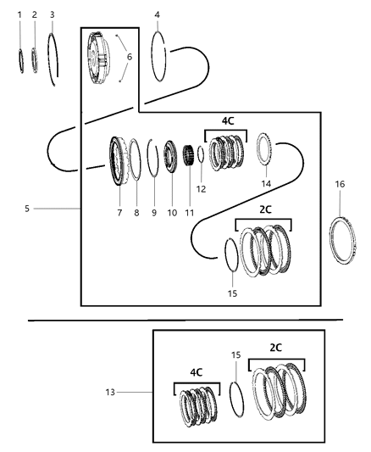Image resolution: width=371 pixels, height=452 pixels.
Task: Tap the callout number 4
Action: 158,14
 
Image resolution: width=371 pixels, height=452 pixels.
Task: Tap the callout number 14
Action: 265,183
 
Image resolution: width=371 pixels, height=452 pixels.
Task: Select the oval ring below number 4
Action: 158,56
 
